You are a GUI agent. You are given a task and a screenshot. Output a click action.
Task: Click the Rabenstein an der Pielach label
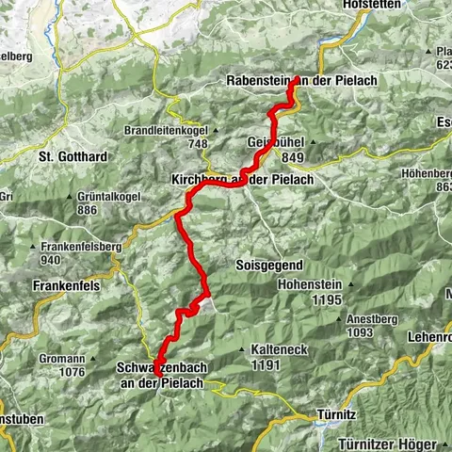(301, 81)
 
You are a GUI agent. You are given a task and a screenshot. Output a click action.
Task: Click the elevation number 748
(197, 143)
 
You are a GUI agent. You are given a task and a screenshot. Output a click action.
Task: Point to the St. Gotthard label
(75, 154)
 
